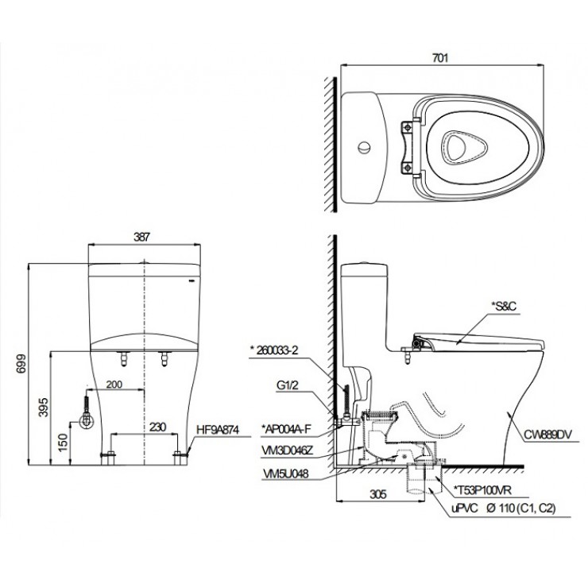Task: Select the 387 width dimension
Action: pos(142,236)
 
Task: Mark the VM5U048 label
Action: pos(284,471)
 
